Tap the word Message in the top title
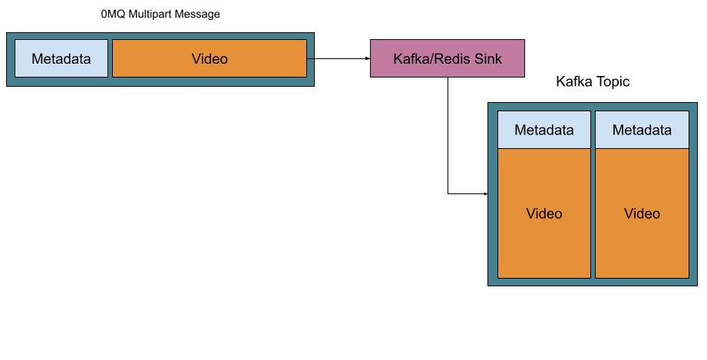coord(198,14)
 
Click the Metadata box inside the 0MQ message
coord(61,59)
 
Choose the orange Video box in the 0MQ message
coord(210,59)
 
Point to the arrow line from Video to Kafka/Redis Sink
coord(338,58)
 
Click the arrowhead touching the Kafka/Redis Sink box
coord(367,58)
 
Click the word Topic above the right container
coord(613,82)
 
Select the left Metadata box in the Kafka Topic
coord(544,130)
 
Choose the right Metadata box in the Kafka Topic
coord(642,130)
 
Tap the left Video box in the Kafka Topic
coord(544,213)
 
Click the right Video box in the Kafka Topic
coord(642,213)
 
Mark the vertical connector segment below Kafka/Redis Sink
coord(448,134)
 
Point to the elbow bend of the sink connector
coord(448,194)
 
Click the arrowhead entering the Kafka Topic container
coord(485,194)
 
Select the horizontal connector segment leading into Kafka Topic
coord(466,194)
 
